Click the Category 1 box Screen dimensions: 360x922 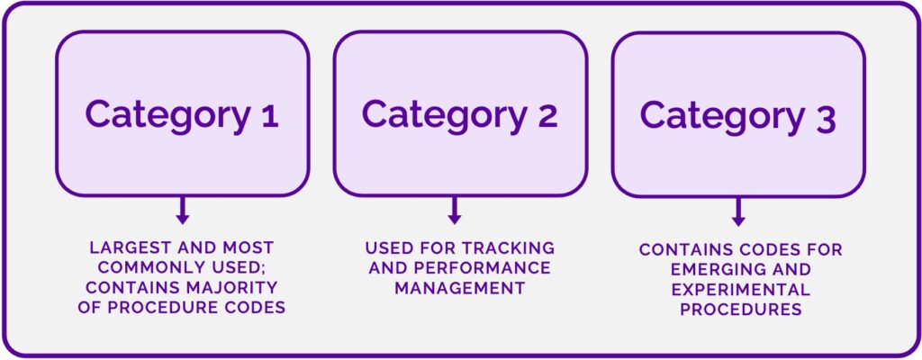click(x=183, y=113)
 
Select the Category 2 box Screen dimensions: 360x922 click(x=460, y=113)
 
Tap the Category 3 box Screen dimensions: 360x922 click(x=738, y=114)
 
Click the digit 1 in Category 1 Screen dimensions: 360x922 click(x=267, y=115)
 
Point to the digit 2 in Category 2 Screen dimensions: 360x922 click(x=545, y=115)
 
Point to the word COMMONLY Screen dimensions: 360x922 click(x=146, y=266)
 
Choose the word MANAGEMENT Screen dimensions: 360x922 click(x=460, y=288)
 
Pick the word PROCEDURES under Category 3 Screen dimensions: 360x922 click(x=739, y=310)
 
